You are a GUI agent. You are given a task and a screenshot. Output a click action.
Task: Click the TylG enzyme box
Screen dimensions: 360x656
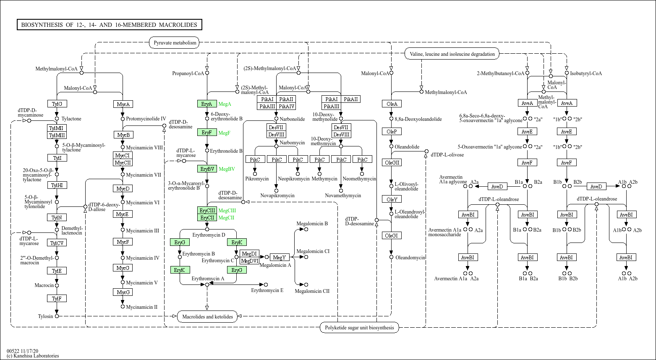pos(57,104)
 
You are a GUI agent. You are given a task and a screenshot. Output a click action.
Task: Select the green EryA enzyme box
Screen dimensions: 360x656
pos(207,104)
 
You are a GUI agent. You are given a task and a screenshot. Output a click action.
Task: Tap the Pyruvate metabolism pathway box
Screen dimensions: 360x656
pos(175,43)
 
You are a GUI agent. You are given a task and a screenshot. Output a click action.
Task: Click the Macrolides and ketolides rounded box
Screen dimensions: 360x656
pos(207,317)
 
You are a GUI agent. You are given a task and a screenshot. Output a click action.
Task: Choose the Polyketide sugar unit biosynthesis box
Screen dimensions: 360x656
pos(359,328)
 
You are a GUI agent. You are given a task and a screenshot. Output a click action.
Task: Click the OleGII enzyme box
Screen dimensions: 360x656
pos(392,162)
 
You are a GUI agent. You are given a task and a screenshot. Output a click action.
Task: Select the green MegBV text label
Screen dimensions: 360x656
pos(227,169)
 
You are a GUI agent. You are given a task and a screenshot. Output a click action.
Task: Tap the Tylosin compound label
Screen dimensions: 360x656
pos(45,316)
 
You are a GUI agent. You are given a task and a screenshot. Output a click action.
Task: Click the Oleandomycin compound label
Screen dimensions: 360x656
pos(410,258)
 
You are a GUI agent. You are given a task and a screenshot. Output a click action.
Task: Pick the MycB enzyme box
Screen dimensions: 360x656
pos(123,135)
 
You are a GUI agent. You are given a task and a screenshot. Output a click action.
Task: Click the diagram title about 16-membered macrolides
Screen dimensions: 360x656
pos(109,25)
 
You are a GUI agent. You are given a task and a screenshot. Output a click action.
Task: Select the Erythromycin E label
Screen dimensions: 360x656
pos(267,290)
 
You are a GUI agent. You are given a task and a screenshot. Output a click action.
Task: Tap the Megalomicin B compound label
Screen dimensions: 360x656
pos(312,224)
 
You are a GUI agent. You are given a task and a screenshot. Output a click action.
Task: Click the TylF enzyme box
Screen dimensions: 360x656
pos(57,298)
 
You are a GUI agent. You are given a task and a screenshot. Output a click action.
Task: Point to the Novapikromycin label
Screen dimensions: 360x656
pos(277,196)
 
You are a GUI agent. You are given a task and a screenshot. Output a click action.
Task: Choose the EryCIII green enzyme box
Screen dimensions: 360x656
pos(207,210)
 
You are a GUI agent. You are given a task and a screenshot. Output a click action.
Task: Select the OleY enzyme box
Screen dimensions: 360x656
pos(392,199)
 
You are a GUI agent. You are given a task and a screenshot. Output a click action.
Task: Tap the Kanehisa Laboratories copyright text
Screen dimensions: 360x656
pos(33,356)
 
